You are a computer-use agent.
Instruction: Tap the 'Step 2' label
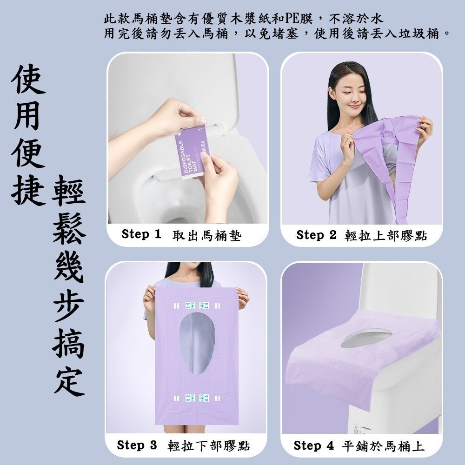[316, 235]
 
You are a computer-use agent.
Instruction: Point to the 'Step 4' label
[313, 446]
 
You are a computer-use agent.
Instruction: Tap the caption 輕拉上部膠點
[385, 236]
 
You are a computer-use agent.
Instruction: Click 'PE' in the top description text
[294, 20]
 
